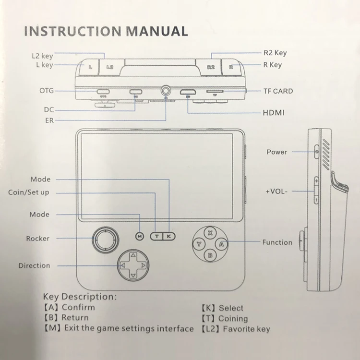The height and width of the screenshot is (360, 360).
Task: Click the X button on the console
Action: [210, 232]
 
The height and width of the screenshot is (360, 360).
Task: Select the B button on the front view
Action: [210, 256]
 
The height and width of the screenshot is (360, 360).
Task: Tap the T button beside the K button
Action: [156, 236]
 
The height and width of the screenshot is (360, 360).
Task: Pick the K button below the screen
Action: [169, 236]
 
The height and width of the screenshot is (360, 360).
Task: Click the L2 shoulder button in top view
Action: [110, 67]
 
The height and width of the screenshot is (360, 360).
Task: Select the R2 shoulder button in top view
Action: [210, 67]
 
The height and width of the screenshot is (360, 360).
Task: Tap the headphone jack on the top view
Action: [166, 90]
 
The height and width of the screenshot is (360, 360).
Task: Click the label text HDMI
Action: [274, 113]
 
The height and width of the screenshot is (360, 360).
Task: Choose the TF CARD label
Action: [278, 91]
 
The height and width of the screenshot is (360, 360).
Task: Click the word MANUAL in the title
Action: [156, 32]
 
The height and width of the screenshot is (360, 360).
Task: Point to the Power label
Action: [277, 152]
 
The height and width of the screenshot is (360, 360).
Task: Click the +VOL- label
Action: [277, 191]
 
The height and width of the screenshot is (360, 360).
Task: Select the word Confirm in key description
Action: [78, 307]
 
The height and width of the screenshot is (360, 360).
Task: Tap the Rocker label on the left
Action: [38, 239]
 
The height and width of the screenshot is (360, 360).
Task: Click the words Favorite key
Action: [246, 329]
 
